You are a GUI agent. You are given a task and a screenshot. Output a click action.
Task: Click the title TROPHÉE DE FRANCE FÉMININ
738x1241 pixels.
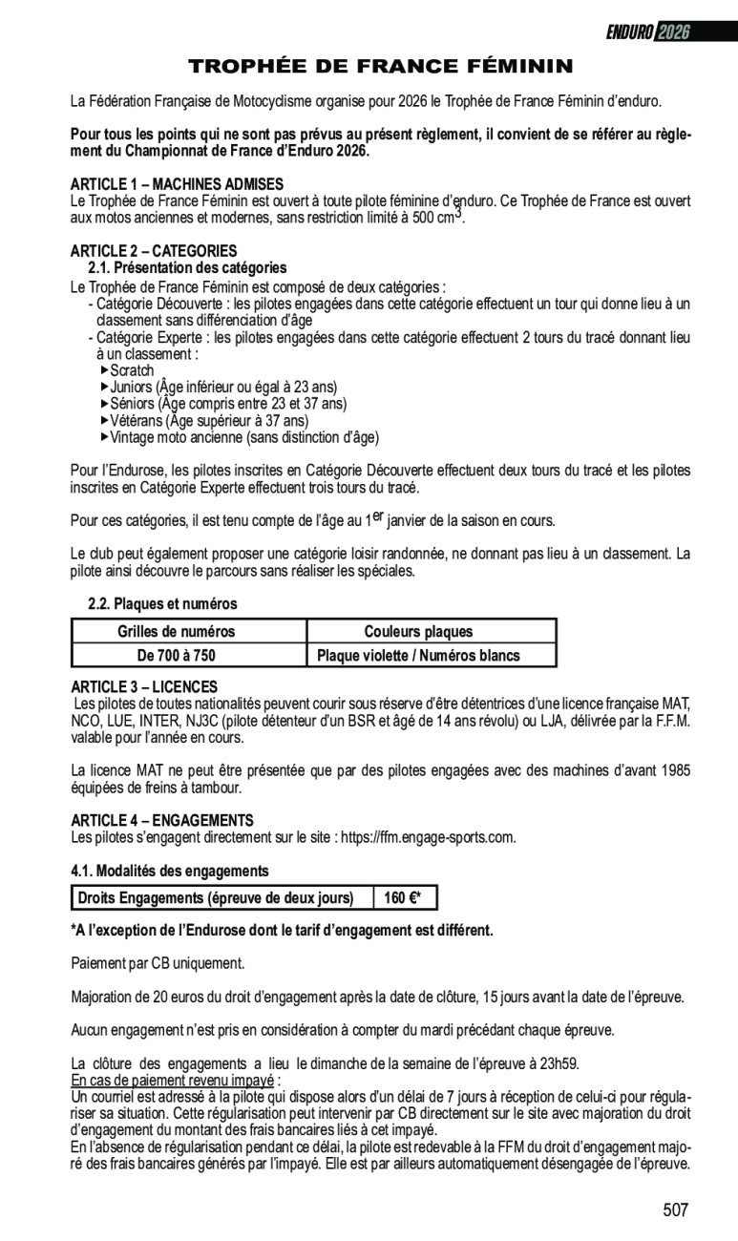pyautogui.click(x=380, y=66)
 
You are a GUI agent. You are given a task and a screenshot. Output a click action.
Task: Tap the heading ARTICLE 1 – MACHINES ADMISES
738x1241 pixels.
pyautogui.click(x=177, y=183)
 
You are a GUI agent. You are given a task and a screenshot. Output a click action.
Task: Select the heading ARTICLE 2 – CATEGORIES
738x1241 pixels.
pyautogui.click(x=154, y=250)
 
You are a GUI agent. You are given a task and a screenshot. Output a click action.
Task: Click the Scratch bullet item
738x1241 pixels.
pyautogui.click(x=131, y=370)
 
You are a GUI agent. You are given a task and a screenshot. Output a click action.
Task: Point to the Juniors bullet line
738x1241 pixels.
pyautogui.click(x=222, y=388)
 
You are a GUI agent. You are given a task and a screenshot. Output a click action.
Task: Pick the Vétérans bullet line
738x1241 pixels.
pyautogui.click(x=208, y=421)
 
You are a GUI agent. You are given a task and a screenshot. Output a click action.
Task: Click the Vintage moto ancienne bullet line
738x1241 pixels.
pyautogui.click(x=243, y=438)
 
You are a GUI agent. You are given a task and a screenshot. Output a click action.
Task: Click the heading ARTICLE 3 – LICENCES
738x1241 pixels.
pyautogui.click(x=144, y=686)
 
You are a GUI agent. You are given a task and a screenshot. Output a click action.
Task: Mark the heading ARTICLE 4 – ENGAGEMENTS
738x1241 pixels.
pyautogui.click(x=162, y=820)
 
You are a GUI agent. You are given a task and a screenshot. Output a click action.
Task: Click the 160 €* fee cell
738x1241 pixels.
pyautogui.click(x=403, y=898)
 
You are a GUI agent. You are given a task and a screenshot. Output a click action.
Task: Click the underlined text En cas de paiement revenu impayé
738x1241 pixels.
pyautogui.click(x=173, y=1080)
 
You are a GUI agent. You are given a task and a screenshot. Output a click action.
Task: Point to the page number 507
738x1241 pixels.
pyautogui.click(x=675, y=1210)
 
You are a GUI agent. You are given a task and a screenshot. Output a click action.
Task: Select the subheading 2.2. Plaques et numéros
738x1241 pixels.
pyautogui.click(x=162, y=604)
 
